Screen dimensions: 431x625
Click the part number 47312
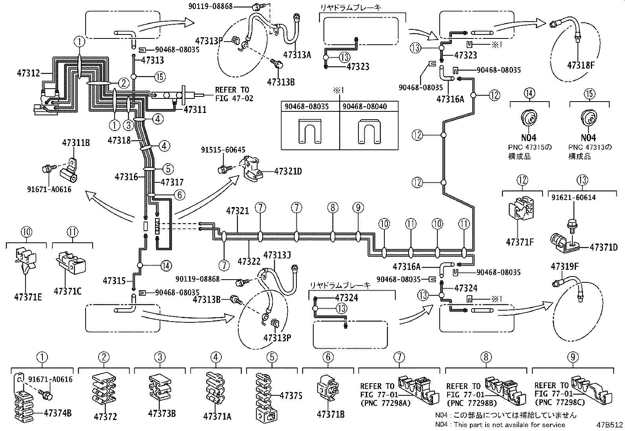(x=28, y=73)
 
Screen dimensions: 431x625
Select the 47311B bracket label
(x=76, y=143)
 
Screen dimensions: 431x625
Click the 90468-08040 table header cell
(x=369, y=107)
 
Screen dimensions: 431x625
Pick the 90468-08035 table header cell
(x=310, y=107)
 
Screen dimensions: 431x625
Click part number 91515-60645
(x=223, y=150)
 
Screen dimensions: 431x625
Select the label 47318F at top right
(x=582, y=65)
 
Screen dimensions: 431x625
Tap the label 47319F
(x=565, y=267)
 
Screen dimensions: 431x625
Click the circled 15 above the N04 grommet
(x=589, y=93)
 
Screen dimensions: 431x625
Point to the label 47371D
(x=604, y=247)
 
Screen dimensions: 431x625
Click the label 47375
(x=291, y=396)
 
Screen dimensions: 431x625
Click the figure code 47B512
(x=610, y=425)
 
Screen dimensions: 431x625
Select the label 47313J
(x=277, y=255)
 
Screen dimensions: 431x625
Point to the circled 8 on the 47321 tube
(x=333, y=207)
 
